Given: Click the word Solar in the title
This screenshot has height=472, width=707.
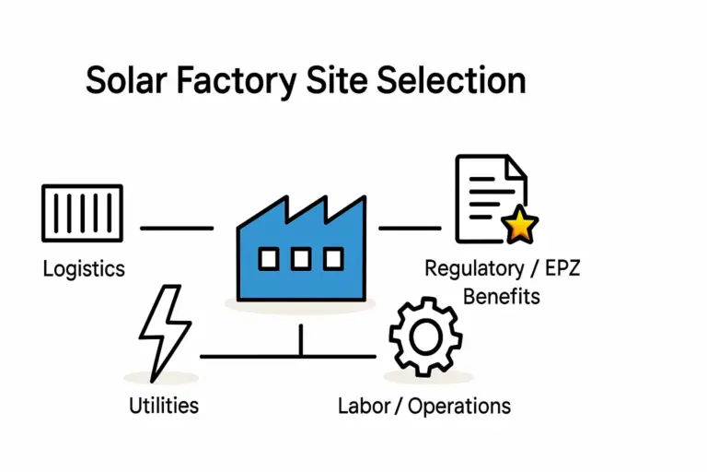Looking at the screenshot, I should click(125, 81).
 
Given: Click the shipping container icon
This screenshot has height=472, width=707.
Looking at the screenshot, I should click(82, 214).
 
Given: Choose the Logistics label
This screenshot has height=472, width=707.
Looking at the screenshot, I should click(84, 269).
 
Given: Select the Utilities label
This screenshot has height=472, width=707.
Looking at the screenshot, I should click(164, 405).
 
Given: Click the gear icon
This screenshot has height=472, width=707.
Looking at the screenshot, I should click(423, 337).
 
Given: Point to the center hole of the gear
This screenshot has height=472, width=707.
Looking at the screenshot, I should click(423, 338).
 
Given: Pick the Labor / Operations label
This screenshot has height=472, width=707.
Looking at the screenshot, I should click(424, 405).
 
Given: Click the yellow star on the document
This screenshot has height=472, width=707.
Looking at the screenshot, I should click(521, 225).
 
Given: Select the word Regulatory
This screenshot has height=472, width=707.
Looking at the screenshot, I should click(472, 269).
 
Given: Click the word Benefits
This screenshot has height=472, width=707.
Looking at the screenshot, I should click(502, 296).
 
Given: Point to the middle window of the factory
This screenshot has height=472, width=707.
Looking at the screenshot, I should click(300, 259).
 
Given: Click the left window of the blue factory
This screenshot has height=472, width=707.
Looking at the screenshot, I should click(268, 259).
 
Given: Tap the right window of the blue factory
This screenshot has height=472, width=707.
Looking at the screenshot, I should click(332, 259).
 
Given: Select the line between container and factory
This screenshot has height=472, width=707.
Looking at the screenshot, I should click(176, 227).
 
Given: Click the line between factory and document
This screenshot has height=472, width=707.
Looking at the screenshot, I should click(410, 227).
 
